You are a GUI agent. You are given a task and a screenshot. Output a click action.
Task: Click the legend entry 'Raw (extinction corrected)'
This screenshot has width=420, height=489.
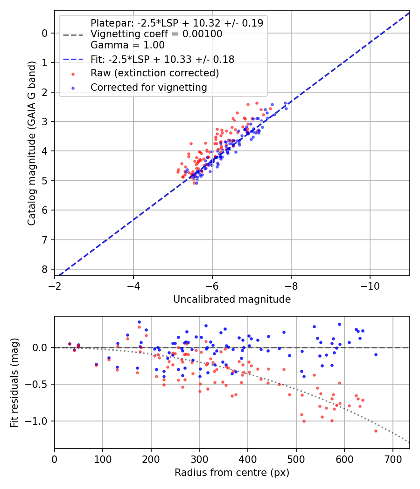tap(154, 73)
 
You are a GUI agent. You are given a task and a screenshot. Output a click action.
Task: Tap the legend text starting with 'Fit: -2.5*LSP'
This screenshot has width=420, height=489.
tap(162, 59)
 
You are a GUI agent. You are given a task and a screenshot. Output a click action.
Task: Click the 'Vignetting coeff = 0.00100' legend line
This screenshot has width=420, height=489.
tap(156, 34)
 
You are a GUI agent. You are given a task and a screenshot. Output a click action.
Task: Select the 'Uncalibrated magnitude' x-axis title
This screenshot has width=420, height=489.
tap(232, 299)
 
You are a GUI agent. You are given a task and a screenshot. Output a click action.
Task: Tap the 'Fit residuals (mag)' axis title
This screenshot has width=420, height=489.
tap(14, 382)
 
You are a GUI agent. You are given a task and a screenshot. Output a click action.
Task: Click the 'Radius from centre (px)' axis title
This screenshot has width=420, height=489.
tap(232, 473)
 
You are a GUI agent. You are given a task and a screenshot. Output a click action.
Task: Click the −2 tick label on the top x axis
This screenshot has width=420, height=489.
tap(55, 284)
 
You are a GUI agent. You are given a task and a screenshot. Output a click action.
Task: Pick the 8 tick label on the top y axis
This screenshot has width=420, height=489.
tap(45, 270)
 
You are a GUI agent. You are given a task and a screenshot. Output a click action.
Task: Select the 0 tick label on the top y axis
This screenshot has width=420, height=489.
tap(45, 33)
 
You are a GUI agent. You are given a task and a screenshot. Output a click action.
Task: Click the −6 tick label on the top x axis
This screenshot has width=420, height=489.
tap(212, 284)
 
